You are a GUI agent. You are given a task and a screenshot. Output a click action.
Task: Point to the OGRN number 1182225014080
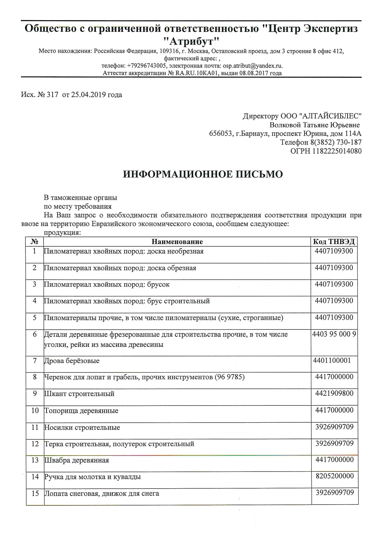click(337, 151)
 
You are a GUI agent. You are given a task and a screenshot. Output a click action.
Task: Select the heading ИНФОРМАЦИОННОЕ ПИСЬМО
click(203, 174)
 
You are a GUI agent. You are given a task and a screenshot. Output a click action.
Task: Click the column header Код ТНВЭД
click(334, 242)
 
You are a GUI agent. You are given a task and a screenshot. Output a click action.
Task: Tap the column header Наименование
click(177, 242)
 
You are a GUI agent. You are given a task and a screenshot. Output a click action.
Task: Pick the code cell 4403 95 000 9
click(334, 334)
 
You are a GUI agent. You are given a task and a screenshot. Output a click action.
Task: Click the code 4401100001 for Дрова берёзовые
click(332, 361)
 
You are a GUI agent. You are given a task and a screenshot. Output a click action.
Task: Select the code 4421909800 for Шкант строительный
click(334, 393)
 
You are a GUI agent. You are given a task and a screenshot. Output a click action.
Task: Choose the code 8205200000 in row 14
click(334, 476)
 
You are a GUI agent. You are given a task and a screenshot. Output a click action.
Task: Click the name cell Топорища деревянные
click(82, 411)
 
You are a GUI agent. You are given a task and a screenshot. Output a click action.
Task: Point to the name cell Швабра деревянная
click(77, 460)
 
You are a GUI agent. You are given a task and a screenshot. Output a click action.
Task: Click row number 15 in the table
click(35, 493)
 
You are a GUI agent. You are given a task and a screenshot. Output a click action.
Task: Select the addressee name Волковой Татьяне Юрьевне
click(315, 125)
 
